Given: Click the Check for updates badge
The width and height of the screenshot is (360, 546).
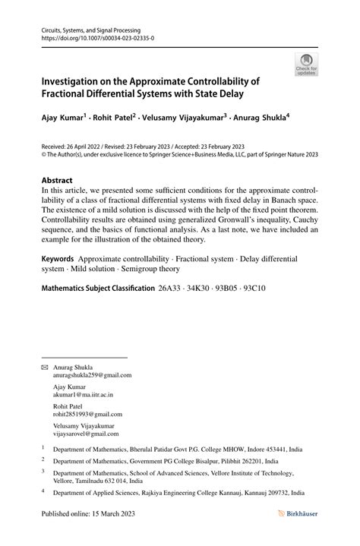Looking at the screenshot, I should pyautogui.click(x=305, y=65).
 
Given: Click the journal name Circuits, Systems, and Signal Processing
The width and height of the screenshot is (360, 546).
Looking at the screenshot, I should pyautogui.click(x=91, y=27).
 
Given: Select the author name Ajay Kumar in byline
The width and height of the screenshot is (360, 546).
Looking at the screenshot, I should pyautogui.click(x=63, y=118).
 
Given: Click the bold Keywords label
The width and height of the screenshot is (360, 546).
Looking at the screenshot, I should pyautogui.click(x=62, y=259).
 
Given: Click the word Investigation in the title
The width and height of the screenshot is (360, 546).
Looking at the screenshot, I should pyautogui.click(x=79, y=81).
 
